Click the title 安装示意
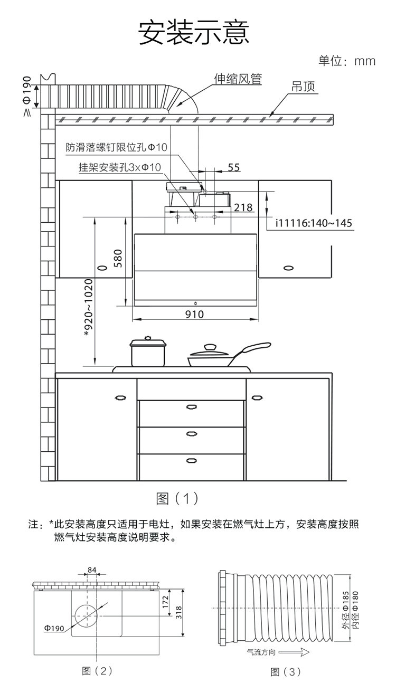pos(193,32)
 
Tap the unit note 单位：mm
pos(346,61)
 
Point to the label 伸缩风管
pos(238,79)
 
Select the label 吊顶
pos(304,87)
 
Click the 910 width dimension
pos(195,315)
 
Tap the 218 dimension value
pos(243,207)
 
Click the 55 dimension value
pos(234,167)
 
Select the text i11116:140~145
pos(314,223)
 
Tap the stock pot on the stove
pos(148,353)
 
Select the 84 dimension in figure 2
pos(92,570)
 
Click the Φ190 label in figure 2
pos(54,629)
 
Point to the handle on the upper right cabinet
pos(288,268)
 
